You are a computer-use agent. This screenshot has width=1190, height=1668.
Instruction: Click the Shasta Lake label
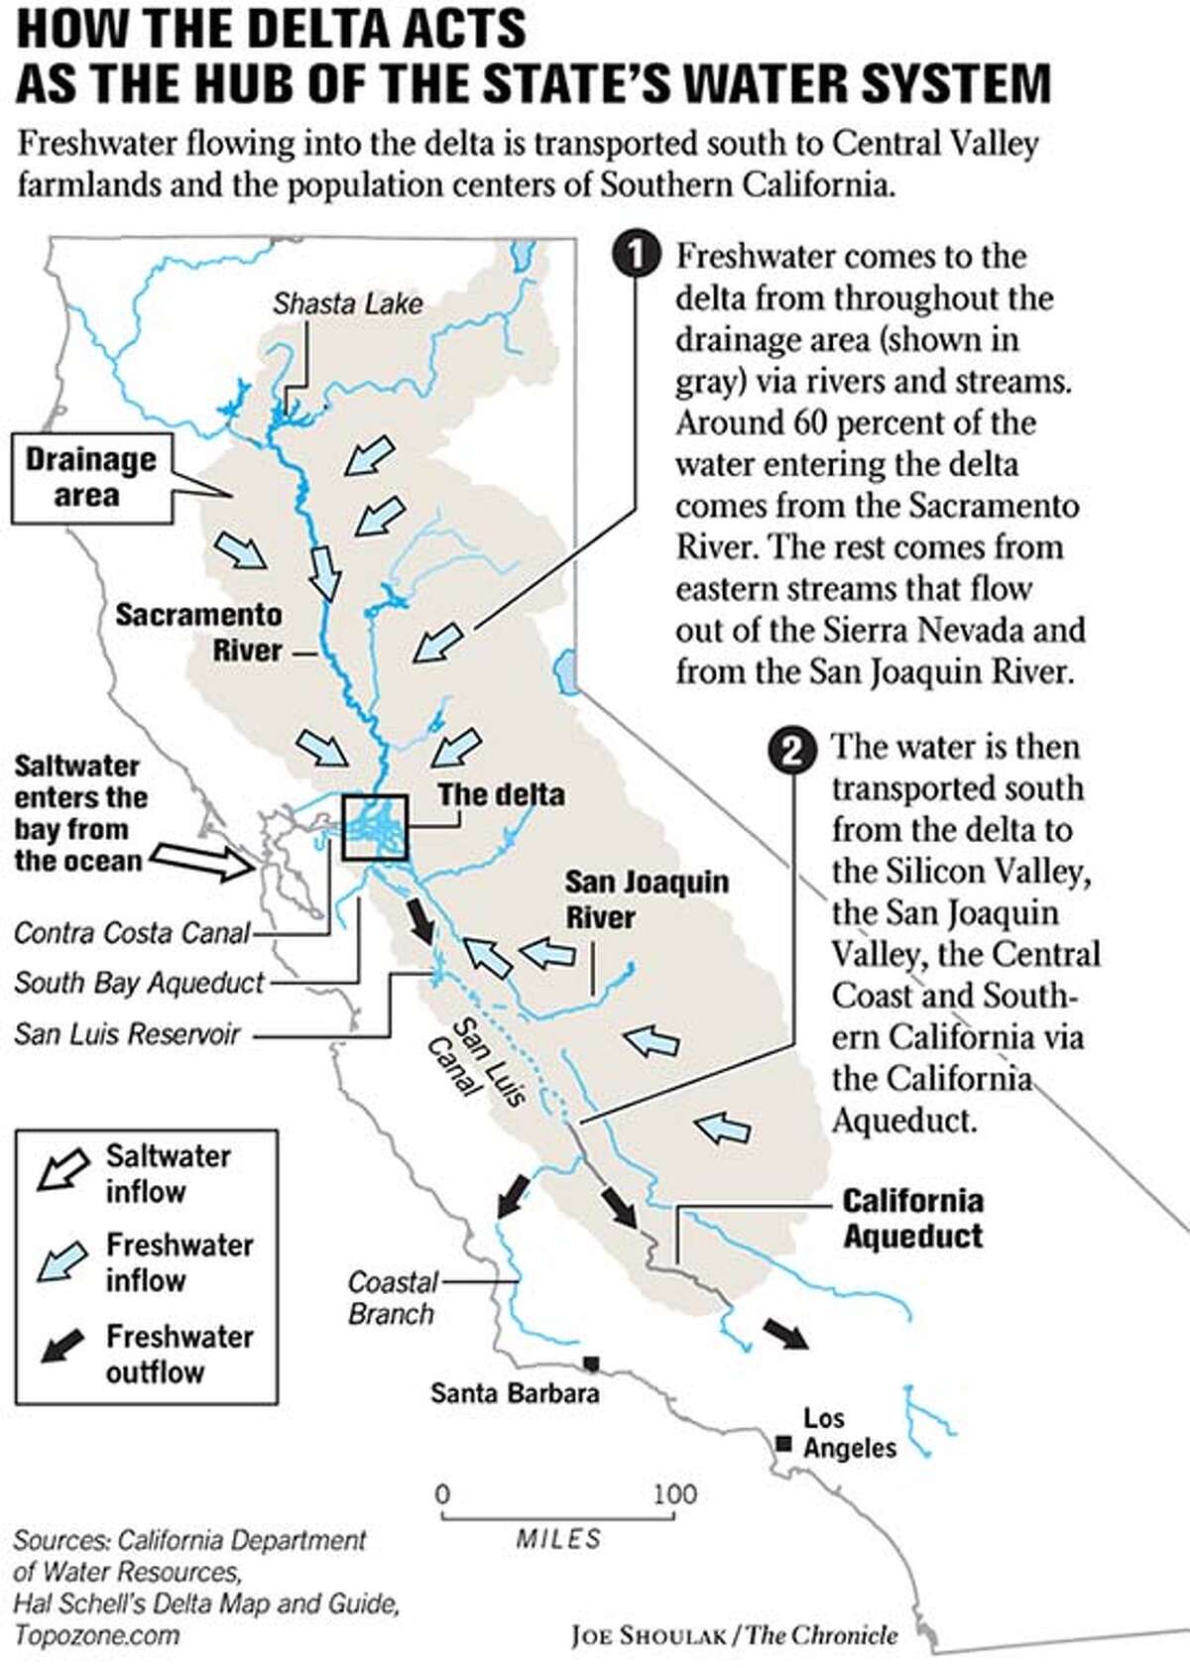pyautogui.click(x=347, y=303)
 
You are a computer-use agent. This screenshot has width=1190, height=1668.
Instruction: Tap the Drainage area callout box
pyautogui.click(x=90, y=477)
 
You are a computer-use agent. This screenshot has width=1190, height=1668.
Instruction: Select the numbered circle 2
pyautogui.click(x=791, y=751)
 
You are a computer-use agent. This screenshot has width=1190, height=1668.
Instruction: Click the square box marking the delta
pyautogui.click(x=375, y=827)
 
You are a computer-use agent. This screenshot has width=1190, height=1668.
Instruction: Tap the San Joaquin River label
pyautogui.click(x=646, y=898)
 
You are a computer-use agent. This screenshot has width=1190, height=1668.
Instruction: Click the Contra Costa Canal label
pyautogui.click(x=132, y=933)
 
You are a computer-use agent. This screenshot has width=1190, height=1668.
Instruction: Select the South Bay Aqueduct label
pyautogui.click(x=140, y=983)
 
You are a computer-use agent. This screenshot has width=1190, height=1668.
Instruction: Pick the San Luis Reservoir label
pyautogui.click(x=127, y=1034)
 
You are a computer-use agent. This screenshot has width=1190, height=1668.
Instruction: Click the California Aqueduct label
pyautogui.click(x=912, y=1218)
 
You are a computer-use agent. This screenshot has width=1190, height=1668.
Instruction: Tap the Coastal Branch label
pyautogui.click(x=392, y=1297)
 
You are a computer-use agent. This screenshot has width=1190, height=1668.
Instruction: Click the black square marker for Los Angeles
pyautogui.click(x=783, y=1444)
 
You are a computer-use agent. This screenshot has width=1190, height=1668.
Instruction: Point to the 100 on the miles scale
pyautogui.click(x=674, y=1493)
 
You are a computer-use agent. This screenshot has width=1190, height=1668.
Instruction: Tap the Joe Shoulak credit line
pyautogui.click(x=734, y=1635)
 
